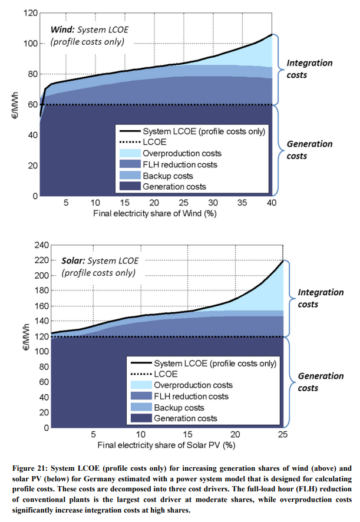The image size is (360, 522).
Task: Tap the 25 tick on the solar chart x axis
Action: [x=283, y=435]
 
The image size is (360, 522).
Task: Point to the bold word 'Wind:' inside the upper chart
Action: [x=62, y=29]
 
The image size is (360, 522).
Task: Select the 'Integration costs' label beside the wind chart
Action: [x=309, y=69]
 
